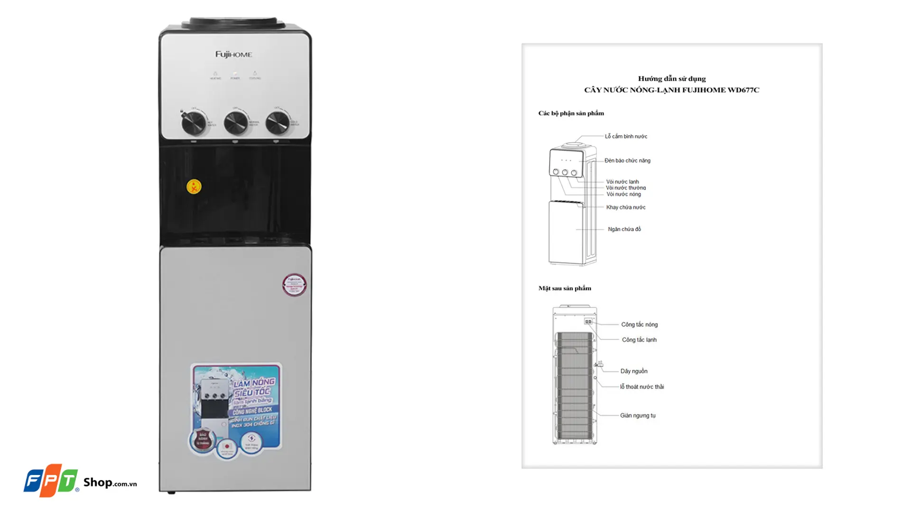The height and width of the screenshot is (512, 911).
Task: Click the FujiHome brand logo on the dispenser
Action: click(233, 55)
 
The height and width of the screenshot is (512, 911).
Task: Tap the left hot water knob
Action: click(194, 123)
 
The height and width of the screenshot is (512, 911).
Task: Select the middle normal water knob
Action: click(235, 122)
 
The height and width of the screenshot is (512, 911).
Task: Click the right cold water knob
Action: click(277, 122)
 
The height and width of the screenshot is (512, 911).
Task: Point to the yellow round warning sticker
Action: click(194, 186)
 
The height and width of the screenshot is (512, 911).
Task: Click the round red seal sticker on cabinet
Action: click(294, 284)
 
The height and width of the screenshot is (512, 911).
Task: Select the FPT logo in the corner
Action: click(51, 480)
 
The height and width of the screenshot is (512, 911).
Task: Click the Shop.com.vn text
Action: click(110, 483)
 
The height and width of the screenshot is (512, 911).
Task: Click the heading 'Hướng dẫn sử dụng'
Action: click(671, 79)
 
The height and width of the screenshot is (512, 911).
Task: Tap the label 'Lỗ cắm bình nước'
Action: click(626, 137)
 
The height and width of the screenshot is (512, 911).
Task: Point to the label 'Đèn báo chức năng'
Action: click(627, 161)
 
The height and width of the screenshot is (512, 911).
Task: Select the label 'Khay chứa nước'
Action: click(625, 207)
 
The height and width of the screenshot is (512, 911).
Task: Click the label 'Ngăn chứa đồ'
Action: click(624, 229)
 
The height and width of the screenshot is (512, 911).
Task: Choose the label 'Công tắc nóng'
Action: click(639, 325)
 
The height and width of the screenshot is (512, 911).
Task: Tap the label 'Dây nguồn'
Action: click(633, 371)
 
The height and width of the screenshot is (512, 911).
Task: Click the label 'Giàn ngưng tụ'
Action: click(637, 416)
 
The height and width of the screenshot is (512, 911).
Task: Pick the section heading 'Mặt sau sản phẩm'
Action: click(565, 288)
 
